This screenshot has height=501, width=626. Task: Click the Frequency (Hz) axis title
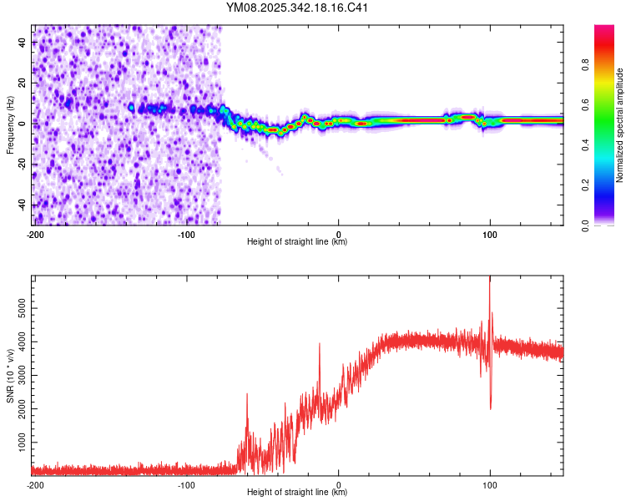click(11, 125)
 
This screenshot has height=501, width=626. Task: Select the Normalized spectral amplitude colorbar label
click(619, 125)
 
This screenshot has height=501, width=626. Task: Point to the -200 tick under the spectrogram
click(34, 234)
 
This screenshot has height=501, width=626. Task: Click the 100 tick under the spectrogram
click(490, 234)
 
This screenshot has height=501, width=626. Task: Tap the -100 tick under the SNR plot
click(186, 484)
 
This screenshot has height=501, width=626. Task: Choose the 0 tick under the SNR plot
click(338, 484)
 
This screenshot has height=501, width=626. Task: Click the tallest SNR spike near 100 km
click(490, 278)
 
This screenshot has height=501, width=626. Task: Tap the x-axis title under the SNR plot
click(297, 493)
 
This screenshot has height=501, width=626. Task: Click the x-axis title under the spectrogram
click(297, 242)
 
